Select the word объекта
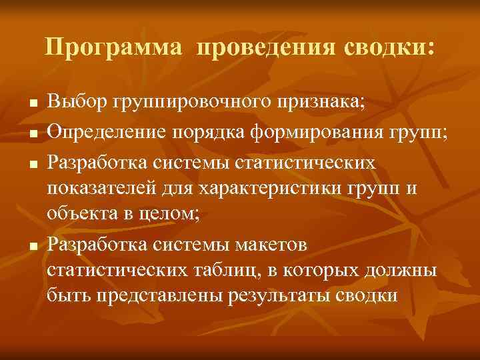coord(83,216)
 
